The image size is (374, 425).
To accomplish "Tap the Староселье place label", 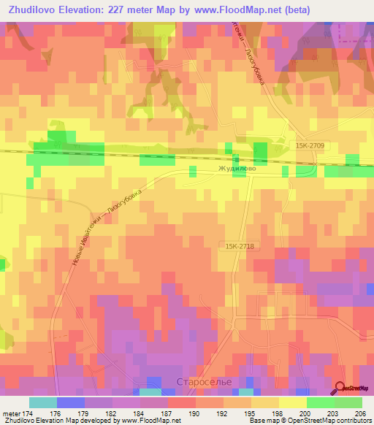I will pyautogui.click(x=199, y=383).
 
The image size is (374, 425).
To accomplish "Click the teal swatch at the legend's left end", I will pyautogui.click(x=42, y=402).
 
